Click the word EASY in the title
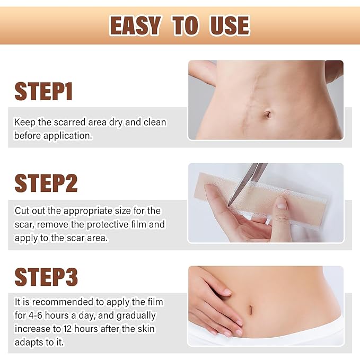(135, 25)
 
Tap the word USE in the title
(229, 25)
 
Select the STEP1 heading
(43, 91)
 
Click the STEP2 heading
(46, 183)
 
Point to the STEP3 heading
(46, 277)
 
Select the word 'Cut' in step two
(22, 211)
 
